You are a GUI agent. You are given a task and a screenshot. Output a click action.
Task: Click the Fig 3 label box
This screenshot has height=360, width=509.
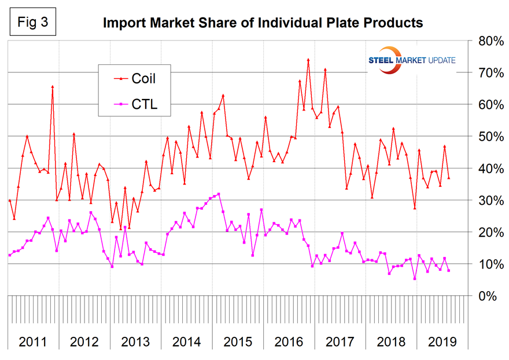coord(30,24)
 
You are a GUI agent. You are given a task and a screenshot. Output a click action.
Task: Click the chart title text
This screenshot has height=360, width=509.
coord(263,24)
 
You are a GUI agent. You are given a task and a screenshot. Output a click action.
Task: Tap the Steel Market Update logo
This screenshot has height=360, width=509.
coord(412,60)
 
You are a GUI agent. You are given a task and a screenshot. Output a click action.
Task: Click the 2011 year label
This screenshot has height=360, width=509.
coord(33,341)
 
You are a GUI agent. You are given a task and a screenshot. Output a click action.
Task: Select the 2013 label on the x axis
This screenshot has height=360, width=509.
coord(135,341)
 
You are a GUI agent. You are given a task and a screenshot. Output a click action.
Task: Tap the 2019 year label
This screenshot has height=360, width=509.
coord(442,341)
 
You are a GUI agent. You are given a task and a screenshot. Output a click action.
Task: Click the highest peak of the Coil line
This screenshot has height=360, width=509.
coord(308,60)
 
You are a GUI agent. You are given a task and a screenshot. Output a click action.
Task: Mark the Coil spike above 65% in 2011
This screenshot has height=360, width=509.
coord(53,87)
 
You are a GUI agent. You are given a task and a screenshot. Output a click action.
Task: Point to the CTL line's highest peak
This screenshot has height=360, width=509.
coord(218,194)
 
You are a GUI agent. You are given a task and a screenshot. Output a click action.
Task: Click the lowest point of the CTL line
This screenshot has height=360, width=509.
coord(415,278)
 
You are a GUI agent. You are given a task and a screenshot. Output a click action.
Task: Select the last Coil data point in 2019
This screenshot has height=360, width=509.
coord(449,178)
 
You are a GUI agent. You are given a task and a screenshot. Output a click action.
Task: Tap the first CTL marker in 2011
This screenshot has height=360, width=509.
coord(10,255)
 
